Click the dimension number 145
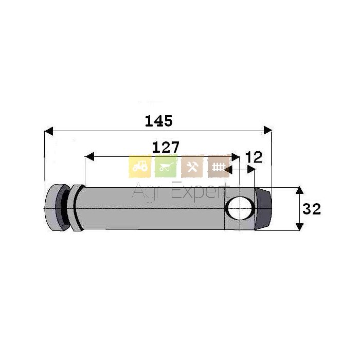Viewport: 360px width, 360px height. tap(158, 121)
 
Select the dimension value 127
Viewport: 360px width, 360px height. tap(166, 147)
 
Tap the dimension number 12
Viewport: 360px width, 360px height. tap(254, 157)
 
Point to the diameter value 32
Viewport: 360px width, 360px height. tap(312, 209)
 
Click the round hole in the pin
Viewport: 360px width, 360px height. tap(240, 208)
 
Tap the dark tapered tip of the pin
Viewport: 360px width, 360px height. tap(263, 208)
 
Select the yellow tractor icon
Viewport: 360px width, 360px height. tap(139, 167)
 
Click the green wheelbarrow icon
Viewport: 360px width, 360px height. tap(166, 167)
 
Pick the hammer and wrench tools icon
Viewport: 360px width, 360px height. tap(192, 167)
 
